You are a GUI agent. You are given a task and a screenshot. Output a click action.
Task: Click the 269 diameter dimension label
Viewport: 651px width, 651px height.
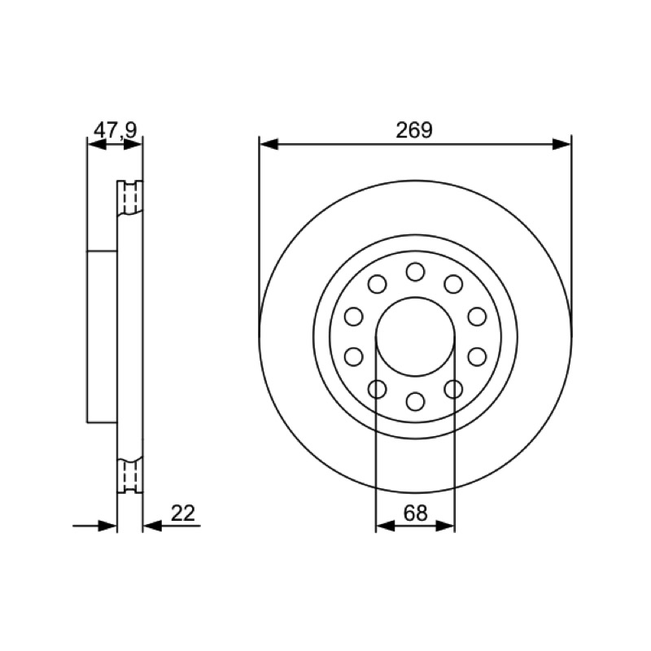click(x=414, y=130)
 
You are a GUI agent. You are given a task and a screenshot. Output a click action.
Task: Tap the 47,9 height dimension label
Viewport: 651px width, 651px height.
click(x=115, y=130)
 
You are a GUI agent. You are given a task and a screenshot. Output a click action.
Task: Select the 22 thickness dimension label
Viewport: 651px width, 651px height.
click(x=182, y=513)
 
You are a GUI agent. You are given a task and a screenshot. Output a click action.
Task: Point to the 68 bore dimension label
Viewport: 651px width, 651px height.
click(x=415, y=513)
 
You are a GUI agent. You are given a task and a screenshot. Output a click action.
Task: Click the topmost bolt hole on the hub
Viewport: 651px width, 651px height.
click(x=415, y=272)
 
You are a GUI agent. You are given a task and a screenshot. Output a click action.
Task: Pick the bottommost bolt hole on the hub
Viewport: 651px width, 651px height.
click(x=415, y=401)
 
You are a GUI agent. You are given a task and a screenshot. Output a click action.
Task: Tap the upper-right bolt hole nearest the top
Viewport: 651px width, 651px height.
click(x=453, y=284)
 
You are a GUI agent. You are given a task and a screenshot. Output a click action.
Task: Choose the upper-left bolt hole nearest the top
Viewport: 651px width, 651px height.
click(x=378, y=284)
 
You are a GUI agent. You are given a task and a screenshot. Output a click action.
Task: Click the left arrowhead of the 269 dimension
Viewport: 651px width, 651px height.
click(x=269, y=145)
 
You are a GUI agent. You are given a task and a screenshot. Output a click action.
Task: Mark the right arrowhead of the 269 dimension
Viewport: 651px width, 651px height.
click(x=562, y=145)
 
